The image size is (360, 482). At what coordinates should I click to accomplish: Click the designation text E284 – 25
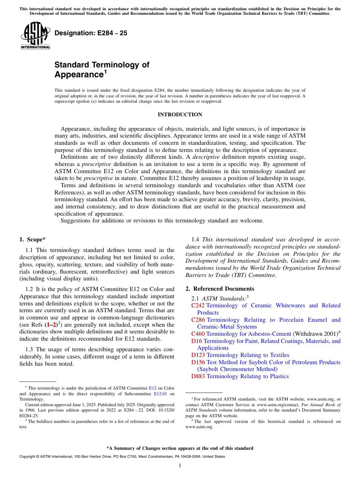point(91,33)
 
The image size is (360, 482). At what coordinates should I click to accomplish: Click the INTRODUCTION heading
point(180,115)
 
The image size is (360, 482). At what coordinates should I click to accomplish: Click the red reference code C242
point(198,305)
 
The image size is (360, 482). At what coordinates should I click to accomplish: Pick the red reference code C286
point(198,320)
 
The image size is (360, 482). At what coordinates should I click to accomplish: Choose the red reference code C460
point(198,334)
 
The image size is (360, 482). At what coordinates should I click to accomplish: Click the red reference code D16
point(196,341)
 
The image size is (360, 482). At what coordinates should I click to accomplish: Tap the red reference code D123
point(198,355)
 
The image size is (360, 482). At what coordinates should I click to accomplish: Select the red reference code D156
point(198,362)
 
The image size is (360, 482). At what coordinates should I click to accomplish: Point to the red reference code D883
point(198,376)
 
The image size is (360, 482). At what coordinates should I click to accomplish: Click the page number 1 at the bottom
point(180,466)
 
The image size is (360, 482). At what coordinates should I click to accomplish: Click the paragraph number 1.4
point(195,239)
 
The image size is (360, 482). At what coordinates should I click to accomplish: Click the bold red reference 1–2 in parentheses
point(51,325)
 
